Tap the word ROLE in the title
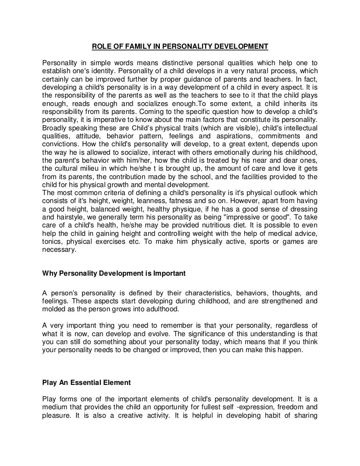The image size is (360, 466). pyautogui.click(x=99, y=46)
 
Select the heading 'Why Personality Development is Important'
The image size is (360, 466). pyautogui.click(x=114, y=273)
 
